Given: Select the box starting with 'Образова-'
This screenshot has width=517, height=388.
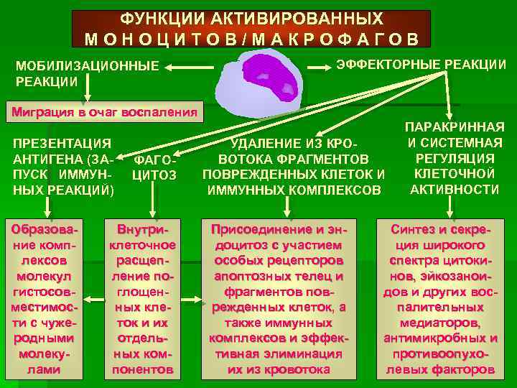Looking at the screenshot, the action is [x=48, y=298].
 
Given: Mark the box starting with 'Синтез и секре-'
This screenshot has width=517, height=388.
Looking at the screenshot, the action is [x=440, y=298].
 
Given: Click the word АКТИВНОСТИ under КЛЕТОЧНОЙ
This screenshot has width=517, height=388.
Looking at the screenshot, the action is [x=455, y=189].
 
